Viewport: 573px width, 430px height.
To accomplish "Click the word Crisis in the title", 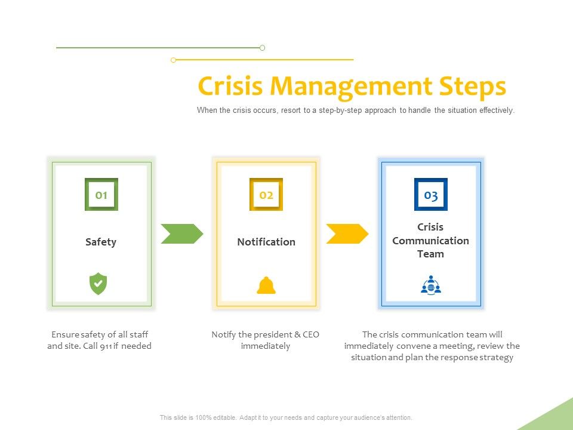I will point(230,87).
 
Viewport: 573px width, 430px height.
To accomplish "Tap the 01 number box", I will point(101,195).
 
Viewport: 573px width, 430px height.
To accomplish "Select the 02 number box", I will point(266,195).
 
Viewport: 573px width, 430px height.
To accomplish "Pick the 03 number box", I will point(431,195).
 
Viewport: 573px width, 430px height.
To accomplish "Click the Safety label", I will point(101,242).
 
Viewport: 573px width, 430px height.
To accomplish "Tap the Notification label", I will point(266,242).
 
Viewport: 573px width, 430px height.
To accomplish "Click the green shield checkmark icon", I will point(98,284).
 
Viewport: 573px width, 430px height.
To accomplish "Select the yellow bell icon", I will point(266,286).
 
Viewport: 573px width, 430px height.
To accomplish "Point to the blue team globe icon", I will point(430,285).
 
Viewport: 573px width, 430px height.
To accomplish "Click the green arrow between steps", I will point(181,234).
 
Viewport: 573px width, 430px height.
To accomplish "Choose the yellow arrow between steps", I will point(347,234).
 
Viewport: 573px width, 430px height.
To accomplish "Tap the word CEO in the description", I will point(311,334).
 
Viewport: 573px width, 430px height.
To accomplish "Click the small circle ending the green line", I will point(262,48).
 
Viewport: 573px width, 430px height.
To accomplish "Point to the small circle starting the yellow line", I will point(173,60).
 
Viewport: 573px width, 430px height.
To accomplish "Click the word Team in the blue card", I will point(430,254).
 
